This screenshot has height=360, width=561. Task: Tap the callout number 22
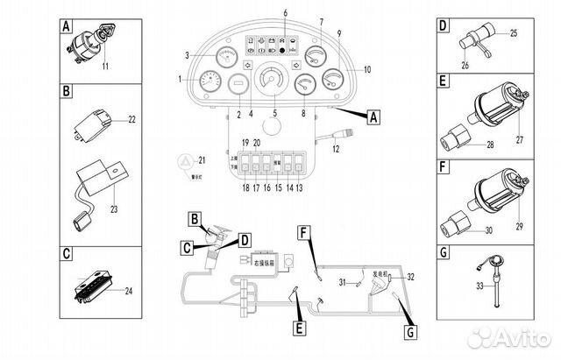(x=132, y=119)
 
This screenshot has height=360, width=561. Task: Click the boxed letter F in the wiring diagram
(x=302, y=232)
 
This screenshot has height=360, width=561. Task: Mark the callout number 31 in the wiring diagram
(x=344, y=282)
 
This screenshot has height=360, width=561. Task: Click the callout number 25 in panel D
(x=514, y=33)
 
